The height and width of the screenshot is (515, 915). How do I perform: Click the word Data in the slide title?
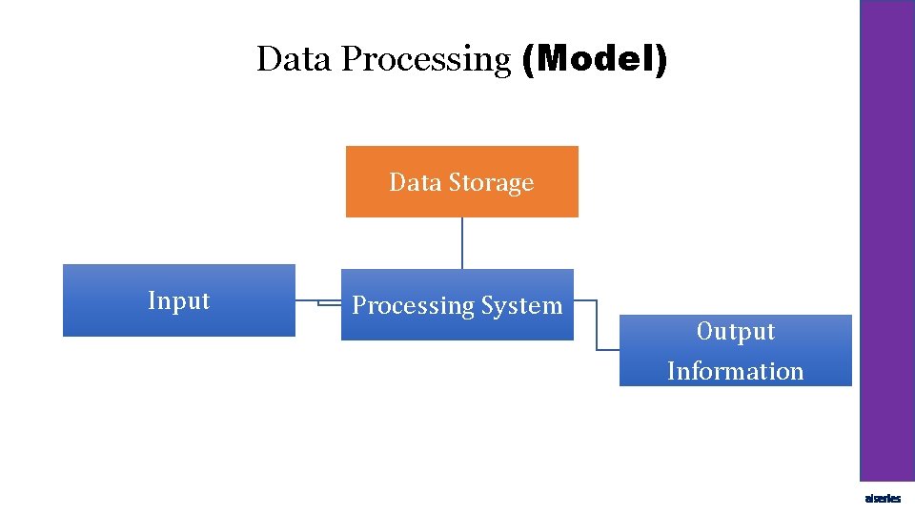click(x=295, y=59)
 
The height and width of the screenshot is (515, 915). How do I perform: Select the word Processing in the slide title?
click(x=426, y=60)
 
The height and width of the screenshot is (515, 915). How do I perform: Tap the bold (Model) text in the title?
click(x=595, y=59)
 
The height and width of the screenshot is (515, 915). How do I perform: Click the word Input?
click(x=178, y=300)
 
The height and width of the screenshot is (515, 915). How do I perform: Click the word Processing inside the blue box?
click(x=413, y=306)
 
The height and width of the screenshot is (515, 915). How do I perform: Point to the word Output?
click(x=735, y=331)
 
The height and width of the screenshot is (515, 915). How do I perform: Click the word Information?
click(x=735, y=371)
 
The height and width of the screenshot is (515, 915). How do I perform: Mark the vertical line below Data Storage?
click(x=462, y=243)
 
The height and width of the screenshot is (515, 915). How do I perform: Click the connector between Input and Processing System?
click(x=318, y=303)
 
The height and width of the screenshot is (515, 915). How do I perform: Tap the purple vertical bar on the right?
click(x=887, y=238)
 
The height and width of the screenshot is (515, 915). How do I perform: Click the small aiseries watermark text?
click(x=882, y=499)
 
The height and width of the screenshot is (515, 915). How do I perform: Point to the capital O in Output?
click(x=704, y=331)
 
